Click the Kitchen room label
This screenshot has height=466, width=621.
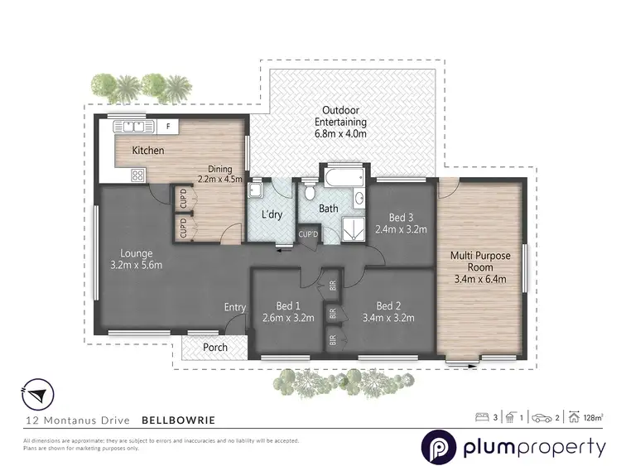click(x=148, y=151)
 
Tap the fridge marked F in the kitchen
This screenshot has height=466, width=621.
click(x=168, y=127)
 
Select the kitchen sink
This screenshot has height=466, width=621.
click(x=134, y=127)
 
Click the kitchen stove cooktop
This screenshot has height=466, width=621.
click(x=136, y=175)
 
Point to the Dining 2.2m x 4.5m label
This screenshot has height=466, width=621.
click(x=219, y=174)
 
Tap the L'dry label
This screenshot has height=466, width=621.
click(x=273, y=215)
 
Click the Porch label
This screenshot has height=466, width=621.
click(x=216, y=347)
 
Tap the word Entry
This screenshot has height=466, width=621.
click(x=234, y=308)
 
